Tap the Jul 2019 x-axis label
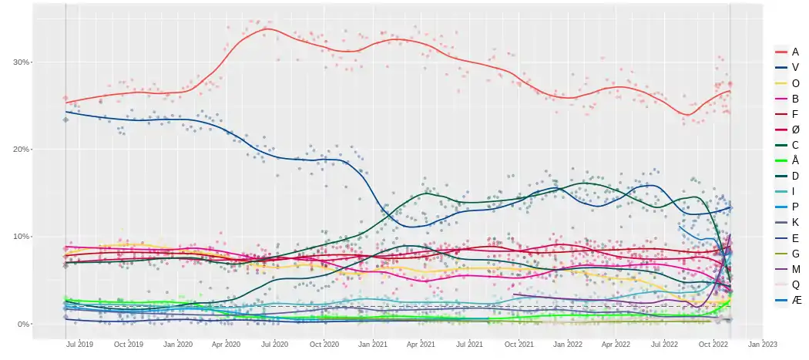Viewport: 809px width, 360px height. (79, 345)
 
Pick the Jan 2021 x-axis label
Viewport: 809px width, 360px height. (373, 345)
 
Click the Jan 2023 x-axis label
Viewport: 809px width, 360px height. (763, 345)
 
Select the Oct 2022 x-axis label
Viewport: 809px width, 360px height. (713, 345)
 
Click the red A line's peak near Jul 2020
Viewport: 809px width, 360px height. (266, 29)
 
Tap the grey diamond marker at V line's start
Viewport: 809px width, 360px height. (65, 119)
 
